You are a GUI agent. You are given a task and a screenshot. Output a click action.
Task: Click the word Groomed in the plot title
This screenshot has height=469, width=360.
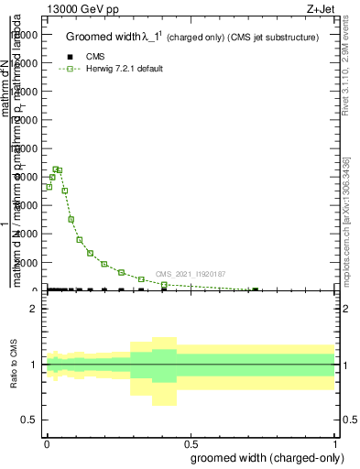(88, 38)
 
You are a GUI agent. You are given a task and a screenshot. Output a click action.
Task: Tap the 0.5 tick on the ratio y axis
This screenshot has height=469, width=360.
(29, 420)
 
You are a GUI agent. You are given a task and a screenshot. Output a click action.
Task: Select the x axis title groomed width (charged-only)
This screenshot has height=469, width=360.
(265, 457)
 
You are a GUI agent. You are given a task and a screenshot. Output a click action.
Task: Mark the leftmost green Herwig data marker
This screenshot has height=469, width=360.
(49, 187)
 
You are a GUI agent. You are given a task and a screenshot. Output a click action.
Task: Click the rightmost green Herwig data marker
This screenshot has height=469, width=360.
(255, 289)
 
